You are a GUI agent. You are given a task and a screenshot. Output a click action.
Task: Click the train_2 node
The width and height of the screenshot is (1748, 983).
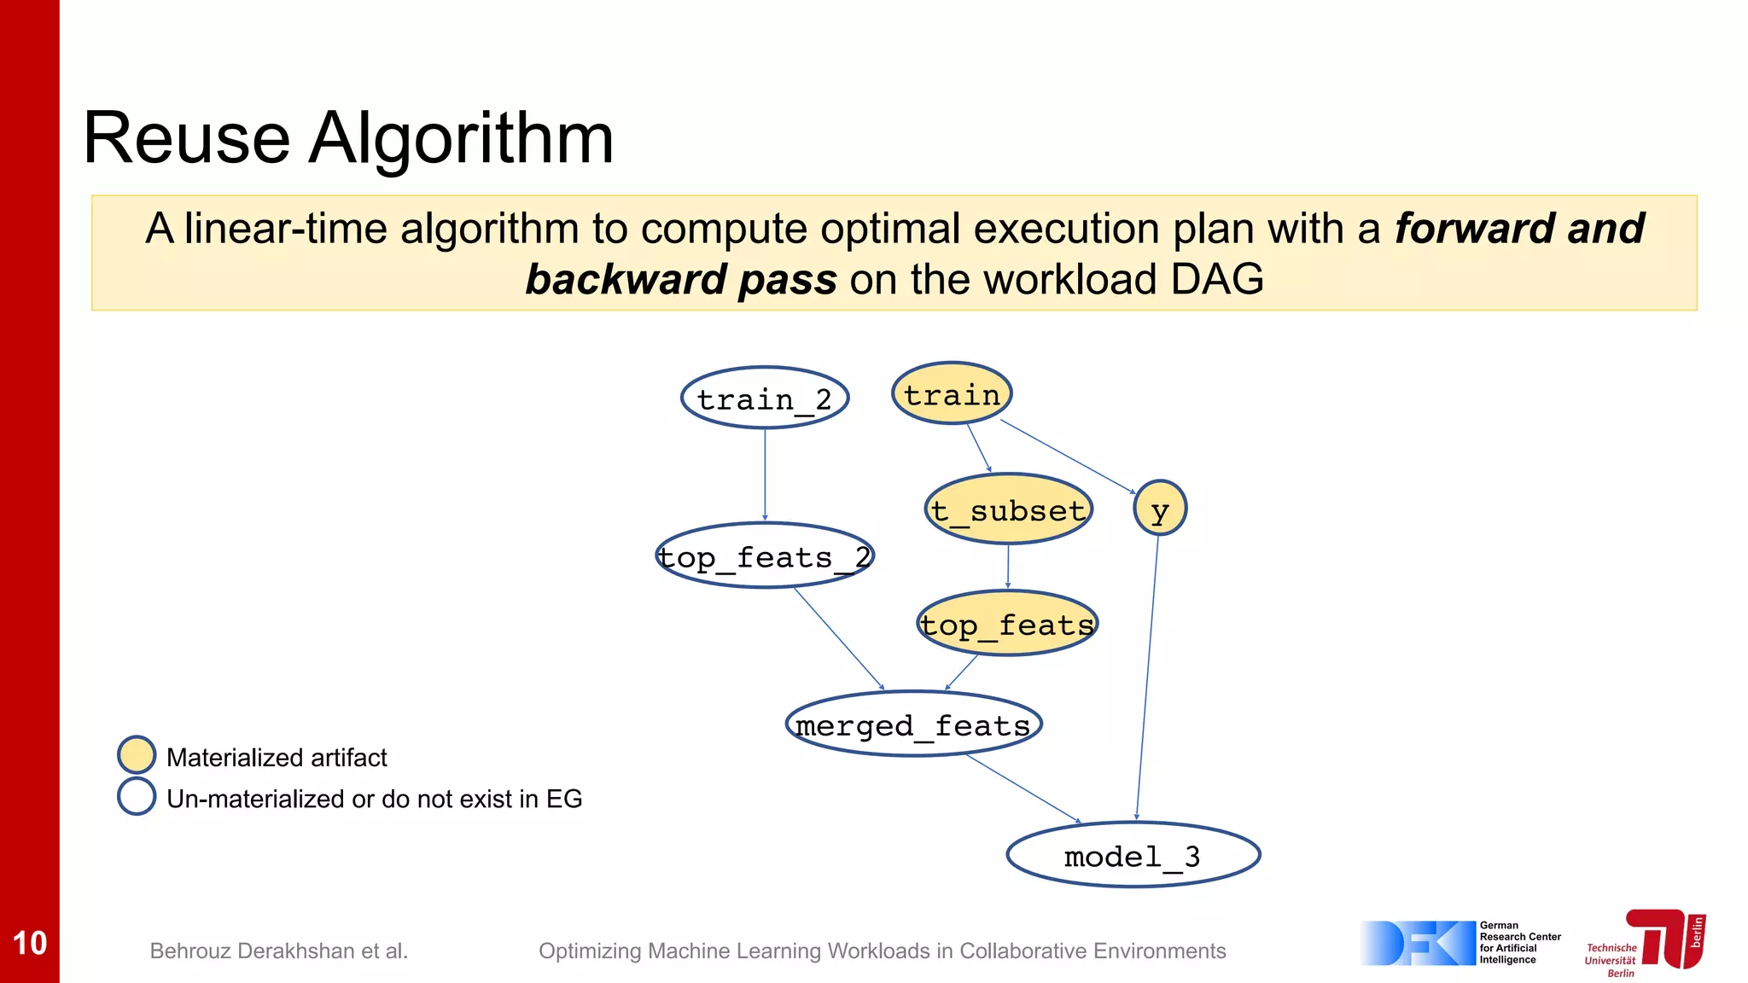click(x=765, y=398)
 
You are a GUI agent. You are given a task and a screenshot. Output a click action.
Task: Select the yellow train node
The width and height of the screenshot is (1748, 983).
click(x=952, y=393)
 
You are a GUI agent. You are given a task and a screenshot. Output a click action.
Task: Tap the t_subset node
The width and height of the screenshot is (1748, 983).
click(x=1009, y=509)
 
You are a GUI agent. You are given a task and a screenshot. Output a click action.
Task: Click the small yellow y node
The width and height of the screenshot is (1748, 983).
click(x=1160, y=509)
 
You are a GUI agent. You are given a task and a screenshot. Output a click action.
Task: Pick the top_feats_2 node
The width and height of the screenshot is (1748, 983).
click(x=765, y=555)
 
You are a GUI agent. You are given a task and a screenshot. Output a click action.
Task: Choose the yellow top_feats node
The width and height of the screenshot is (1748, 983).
click(x=1007, y=624)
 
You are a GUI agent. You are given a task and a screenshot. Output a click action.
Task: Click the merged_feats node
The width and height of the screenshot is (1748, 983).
click(x=913, y=724)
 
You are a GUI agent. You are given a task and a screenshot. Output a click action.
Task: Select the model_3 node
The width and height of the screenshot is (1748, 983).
click(x=1133, y=855)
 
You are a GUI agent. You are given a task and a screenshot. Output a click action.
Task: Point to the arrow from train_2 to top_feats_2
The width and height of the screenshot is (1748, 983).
click(x=765, y=474)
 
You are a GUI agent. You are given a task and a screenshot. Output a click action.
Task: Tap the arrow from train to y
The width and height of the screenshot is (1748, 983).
click(x=1067, y=456)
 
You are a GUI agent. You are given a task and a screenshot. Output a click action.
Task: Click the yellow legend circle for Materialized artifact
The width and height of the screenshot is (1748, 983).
click(x=137, y=755)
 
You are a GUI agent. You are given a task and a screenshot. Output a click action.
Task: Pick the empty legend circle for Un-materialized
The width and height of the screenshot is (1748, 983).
click(x=137, y=796)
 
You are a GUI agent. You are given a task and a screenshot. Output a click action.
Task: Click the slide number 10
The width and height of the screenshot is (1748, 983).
click(x=30, y=943)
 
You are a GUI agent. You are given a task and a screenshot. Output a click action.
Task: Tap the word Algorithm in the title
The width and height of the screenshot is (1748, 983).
click(x=461, y=138)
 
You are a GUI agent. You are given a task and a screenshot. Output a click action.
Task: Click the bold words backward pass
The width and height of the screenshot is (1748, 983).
click(x=680, y=280)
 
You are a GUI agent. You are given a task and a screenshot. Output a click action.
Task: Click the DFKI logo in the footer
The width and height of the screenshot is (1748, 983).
click(x=1419, y=943)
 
